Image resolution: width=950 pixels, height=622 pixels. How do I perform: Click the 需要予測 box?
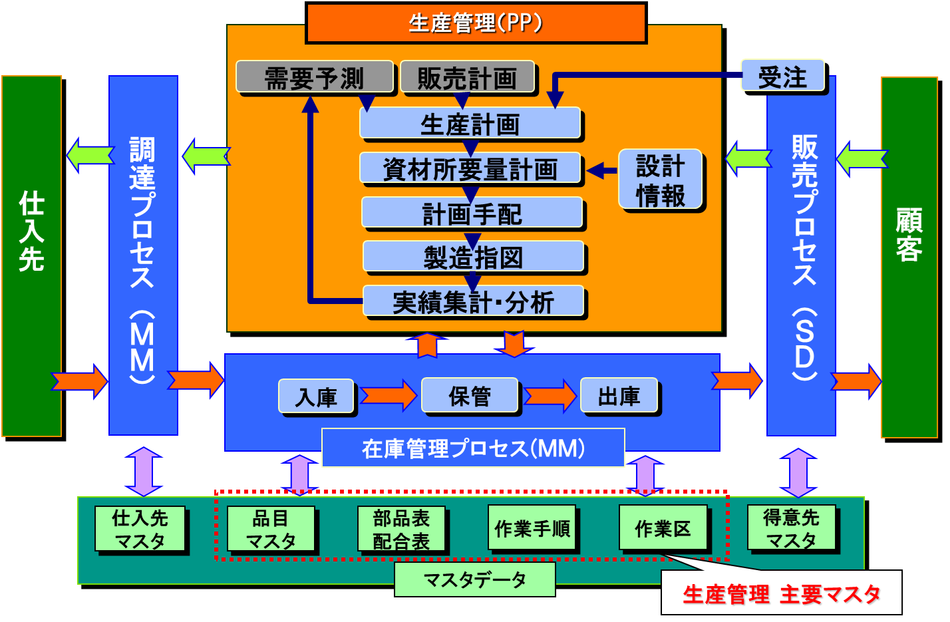click(x=314, y=77)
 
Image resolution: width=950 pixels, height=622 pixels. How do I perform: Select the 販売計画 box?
click(x=467, y=77)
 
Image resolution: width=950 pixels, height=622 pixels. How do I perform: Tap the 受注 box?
click(x=782, y=77)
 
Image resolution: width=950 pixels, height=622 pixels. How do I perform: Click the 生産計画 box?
click(x=470, y=123)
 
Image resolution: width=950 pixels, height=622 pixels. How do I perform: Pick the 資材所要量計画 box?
click(x=470, y=168)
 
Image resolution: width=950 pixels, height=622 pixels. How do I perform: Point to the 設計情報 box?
click(x=660, y=180)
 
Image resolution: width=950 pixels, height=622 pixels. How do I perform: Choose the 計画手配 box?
click(x=472, y=213)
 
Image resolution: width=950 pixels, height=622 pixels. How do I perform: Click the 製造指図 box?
click(x=473, y=257)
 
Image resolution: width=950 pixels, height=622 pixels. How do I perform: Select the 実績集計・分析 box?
click(x=473, y=301)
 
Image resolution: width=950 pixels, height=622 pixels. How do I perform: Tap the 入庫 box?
click(x=316, y=396)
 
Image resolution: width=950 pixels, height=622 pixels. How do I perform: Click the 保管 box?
click(x=470, y=396)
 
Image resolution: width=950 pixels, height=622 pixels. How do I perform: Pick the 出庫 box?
click(x=619, y=396)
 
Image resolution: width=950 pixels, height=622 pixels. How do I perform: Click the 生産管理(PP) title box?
click(x=476, y=23)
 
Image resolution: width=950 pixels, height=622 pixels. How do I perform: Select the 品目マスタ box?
click(x=270, y=529)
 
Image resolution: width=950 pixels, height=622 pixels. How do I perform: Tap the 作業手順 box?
click(x=532, y=528)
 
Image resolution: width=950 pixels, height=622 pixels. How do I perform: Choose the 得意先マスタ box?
click(x=790, y=528)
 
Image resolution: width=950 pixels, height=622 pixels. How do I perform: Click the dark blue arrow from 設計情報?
click(x=601, y=170)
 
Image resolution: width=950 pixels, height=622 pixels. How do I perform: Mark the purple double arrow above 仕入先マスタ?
click(x=144, y=472)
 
